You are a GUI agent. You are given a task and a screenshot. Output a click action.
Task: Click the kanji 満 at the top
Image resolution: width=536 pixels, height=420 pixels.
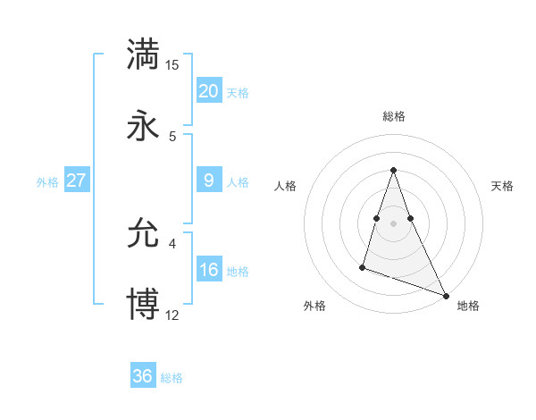[143, 54]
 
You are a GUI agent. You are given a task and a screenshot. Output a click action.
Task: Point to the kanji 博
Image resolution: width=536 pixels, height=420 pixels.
[143, 305]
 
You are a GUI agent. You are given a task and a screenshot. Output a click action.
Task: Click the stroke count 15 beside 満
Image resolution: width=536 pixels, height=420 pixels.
[172, 64]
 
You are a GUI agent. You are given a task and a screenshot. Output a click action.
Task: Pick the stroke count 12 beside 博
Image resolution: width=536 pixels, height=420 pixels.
[172, 315]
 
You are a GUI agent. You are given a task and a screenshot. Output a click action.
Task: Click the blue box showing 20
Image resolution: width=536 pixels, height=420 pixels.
[208, 91]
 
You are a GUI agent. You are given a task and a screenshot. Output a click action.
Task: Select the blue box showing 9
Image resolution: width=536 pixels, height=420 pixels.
[208, 181]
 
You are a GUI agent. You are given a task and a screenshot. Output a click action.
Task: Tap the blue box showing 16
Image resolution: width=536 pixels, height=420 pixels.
[208, 270]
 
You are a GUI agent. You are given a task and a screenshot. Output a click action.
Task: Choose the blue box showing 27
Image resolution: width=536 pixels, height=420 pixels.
[76, 181]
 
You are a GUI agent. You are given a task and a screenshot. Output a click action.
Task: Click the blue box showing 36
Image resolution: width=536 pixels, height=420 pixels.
[142, 376]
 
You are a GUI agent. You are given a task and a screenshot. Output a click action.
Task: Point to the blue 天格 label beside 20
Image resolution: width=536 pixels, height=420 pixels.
[238, 92]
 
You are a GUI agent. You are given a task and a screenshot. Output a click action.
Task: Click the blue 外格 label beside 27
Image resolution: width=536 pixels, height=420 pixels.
[47, 181]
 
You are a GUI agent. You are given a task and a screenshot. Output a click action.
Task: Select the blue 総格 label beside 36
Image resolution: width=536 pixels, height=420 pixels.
[172, 377]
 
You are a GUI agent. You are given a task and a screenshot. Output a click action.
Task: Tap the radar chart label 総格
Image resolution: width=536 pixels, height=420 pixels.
[393, 116]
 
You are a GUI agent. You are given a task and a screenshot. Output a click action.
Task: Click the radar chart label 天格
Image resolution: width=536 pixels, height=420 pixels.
[502, 186]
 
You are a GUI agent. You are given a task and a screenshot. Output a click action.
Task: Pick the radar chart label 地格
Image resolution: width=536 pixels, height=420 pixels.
[468, 307]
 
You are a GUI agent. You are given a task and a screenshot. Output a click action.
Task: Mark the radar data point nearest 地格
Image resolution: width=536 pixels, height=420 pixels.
[446, 295]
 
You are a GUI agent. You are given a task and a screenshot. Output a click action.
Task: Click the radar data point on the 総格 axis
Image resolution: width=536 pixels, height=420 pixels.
[393, 170]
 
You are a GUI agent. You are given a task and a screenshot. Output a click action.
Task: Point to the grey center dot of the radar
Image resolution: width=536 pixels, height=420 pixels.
[393, 223]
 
